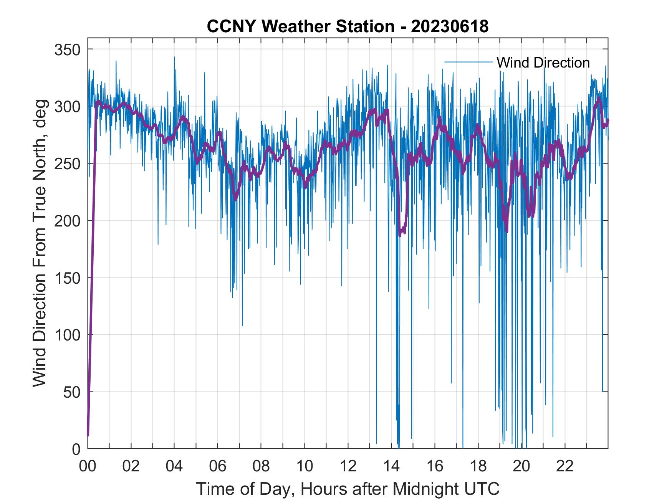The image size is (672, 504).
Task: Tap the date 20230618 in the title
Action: pos(450,26)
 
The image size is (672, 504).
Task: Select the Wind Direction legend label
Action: pos(543,63)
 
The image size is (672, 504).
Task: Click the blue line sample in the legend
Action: pos(468,62)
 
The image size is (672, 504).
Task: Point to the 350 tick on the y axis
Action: pos(68,50)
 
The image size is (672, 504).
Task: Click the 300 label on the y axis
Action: pos(68,107)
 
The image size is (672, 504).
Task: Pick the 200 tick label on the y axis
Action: pos(68,221)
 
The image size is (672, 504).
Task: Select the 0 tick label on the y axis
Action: pos(77,449)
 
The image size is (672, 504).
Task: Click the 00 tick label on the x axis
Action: pos(88,466)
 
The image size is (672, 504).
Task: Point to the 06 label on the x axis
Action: pos(218,466)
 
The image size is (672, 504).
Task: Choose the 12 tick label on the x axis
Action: pos(348,466)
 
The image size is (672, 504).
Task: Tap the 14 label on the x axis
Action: pos(391,466)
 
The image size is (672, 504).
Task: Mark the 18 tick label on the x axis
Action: pos(478,466)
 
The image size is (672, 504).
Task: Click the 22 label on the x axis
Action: pos(565,466)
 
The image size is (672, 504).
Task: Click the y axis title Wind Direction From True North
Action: pos(40,243)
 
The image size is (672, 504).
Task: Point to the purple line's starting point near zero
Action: pos(88,435)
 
